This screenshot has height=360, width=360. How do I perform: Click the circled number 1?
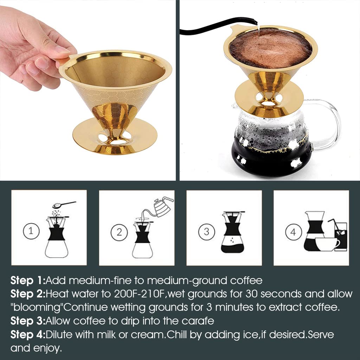pyautogui.click(x=31, y=231)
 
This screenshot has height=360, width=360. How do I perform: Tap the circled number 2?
pyautogui.click(x=119, y=232)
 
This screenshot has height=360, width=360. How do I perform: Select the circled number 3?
pyautogui.click(x=206, y=231)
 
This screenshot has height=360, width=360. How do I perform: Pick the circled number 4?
pyautogui.click(x=293, y=232)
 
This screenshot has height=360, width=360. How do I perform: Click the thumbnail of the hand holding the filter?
pyautogui.click(x=88, y=90)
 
